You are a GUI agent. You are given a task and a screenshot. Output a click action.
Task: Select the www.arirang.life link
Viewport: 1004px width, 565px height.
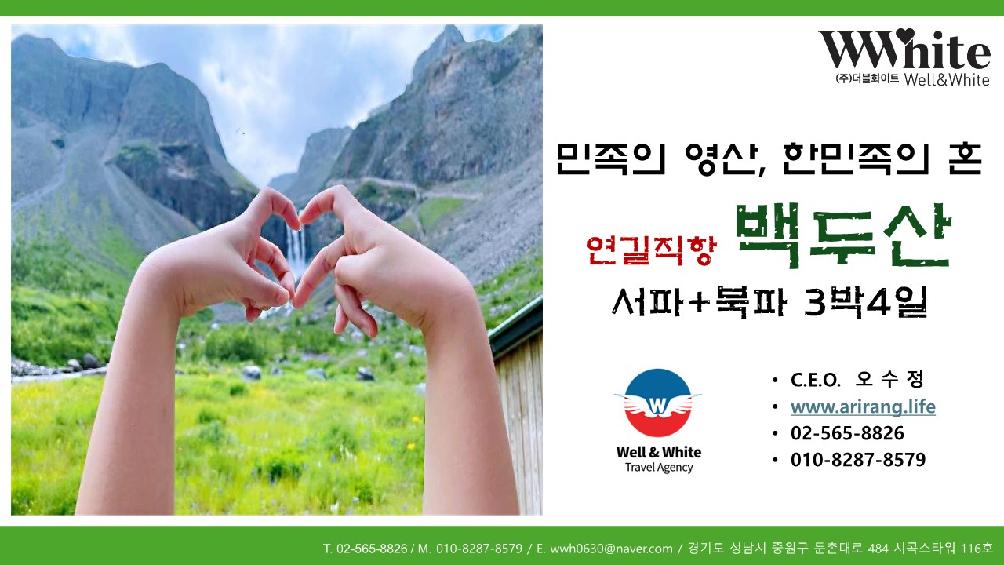(863, 406)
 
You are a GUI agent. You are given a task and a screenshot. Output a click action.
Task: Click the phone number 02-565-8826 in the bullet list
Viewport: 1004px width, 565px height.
(847, 433)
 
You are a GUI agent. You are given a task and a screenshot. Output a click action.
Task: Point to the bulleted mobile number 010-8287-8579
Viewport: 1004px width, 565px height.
(858, 460)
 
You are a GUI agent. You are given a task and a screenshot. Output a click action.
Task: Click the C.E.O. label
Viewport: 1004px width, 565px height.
(815, 381)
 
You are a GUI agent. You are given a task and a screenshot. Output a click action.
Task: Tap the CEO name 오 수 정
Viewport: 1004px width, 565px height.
(889, 380)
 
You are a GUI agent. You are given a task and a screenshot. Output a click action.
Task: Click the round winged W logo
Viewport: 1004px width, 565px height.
(657, 403)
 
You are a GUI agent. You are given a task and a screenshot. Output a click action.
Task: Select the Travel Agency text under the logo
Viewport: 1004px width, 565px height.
(659, 467)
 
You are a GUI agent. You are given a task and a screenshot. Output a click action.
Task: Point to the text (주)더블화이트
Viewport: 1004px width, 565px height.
(867, 79)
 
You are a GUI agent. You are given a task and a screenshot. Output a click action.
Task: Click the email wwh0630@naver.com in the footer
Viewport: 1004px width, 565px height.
(611, 549)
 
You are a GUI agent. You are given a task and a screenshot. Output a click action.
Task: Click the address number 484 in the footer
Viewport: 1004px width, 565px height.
(878, 549)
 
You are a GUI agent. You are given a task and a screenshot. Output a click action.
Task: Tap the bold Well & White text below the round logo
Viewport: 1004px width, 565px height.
(659, 452)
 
